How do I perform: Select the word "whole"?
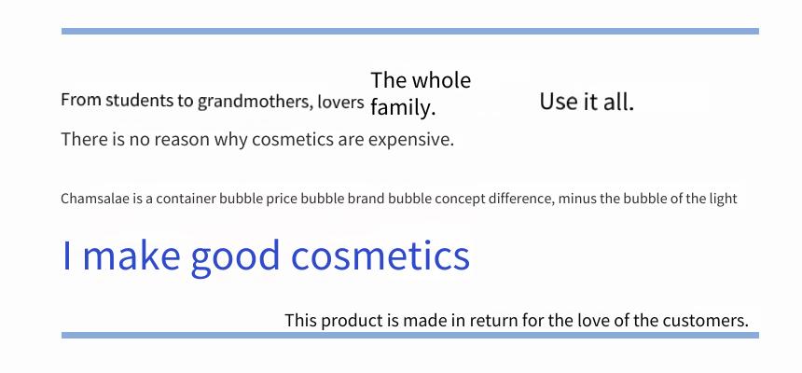click(441, 80)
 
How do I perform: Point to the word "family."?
click(403, 107)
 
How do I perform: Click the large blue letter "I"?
click(66, 256)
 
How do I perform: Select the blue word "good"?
click(235, 257)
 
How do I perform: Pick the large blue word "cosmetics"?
click(380, 256)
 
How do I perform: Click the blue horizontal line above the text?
click(410, 31)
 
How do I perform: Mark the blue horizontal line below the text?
click(410, 335)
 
